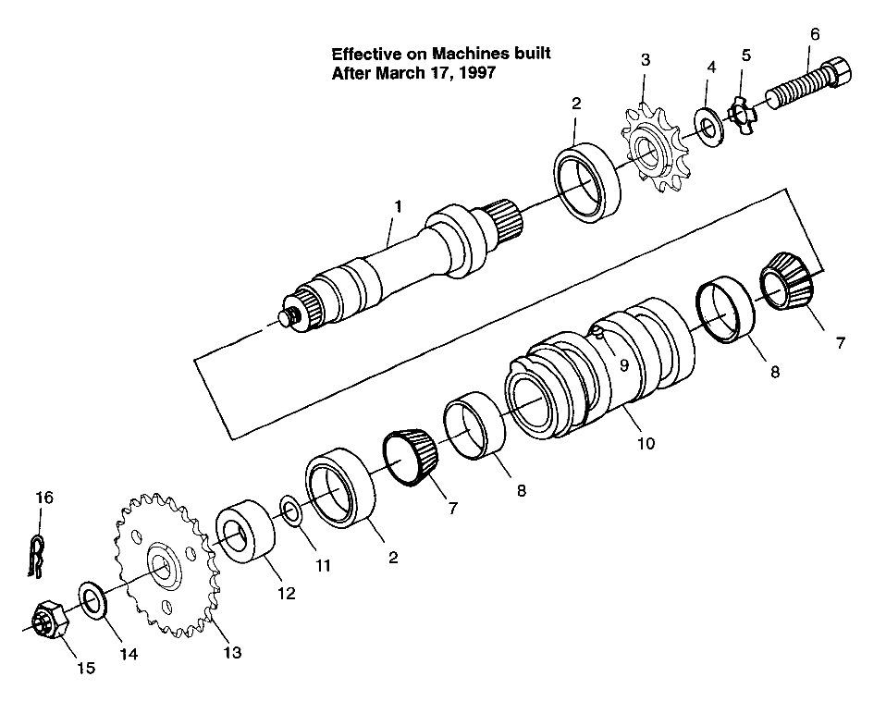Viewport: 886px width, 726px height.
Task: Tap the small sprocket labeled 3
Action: click(656, 153)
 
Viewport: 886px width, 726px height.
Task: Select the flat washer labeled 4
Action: click(708, 125)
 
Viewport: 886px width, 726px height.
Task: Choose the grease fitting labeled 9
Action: click(600, 332)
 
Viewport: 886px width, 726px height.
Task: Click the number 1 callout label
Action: click(398, 206)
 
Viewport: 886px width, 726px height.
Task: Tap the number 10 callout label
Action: click(645, 443)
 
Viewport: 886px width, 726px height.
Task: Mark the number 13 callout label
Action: click(231, 653)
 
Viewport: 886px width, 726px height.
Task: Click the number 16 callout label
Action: click(43, 498)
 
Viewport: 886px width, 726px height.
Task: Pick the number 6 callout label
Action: click(814, 34)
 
